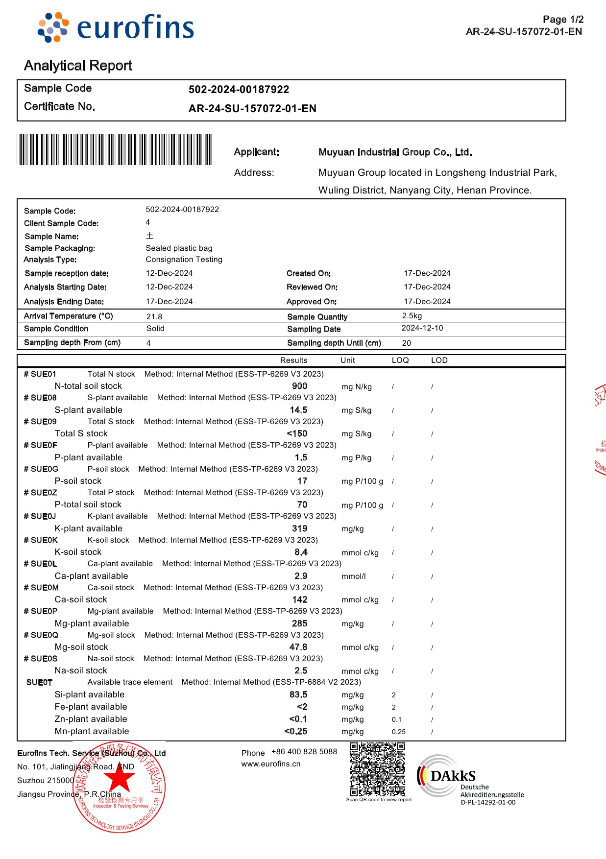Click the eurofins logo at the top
pos(116,27)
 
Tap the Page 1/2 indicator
pos(563,20)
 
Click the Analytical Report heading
pos(78,66)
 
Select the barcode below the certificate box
pos(114,150)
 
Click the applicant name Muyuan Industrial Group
pos(395,152)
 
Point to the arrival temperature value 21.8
pos(154,317)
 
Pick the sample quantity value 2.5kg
pos(412,316)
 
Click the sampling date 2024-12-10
pos(422,328)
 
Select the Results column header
pos(293,360)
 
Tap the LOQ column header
pos(400,360)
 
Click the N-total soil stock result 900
pos(299,386)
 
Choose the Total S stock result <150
pos(297,434)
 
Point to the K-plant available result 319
pos(299,529)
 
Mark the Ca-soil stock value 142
pos(299,600)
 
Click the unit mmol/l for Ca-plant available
pos(354,576)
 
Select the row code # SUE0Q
pos(41,635)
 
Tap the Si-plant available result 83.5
pos(298,695)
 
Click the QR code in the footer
pos(377,769)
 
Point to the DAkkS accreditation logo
pos(446,776)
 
